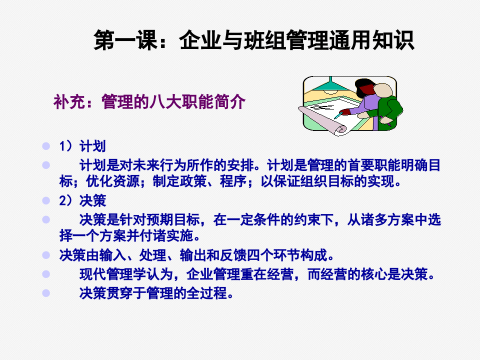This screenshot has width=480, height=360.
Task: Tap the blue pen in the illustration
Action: pos(338,115)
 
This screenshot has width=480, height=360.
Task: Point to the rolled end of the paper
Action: pos(341,129)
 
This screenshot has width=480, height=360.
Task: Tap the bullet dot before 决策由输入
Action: pos(46,255)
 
